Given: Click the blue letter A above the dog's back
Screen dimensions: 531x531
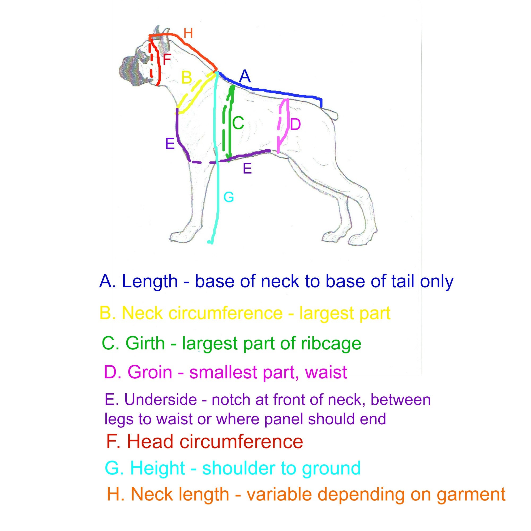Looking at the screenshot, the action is [245, 76].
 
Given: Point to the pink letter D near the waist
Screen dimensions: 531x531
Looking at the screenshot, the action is [296, 125].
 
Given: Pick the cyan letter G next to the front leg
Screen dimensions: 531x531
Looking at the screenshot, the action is [229, 197].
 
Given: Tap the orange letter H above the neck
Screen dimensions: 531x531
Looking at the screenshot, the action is [188, 33].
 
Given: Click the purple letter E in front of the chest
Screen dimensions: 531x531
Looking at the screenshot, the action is [170, 143].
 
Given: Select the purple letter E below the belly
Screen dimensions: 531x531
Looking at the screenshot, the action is [247, 169].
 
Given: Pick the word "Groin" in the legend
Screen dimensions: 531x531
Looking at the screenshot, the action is [150, 372].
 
